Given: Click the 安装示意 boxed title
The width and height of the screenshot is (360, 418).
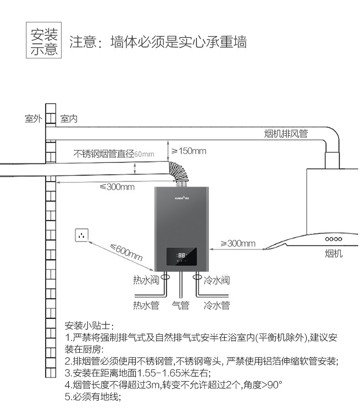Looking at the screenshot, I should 44,41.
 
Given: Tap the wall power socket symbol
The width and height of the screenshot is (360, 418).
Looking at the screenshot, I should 82,236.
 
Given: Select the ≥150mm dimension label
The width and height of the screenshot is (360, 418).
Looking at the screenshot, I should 189,151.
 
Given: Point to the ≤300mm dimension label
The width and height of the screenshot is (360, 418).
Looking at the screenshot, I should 117,187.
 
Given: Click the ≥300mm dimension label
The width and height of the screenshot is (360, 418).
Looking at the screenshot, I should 238,243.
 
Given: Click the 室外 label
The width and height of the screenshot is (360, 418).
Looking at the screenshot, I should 33,119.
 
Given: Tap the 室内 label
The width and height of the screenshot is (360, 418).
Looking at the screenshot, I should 69,119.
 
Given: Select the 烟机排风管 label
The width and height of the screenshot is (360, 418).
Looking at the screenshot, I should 286,134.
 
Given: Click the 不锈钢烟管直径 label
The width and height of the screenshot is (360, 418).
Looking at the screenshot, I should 104,154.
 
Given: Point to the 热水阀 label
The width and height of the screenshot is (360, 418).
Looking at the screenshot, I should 146,280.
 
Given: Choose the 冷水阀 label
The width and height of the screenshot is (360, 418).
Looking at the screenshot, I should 216,280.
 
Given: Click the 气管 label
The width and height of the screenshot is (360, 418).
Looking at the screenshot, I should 180,305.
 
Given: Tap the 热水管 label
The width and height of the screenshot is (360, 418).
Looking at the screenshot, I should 146,305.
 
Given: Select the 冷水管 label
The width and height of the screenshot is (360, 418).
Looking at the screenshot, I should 216,305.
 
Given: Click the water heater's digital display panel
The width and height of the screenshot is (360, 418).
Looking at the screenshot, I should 181,257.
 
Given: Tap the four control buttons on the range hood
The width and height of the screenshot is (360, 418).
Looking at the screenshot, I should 334,239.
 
